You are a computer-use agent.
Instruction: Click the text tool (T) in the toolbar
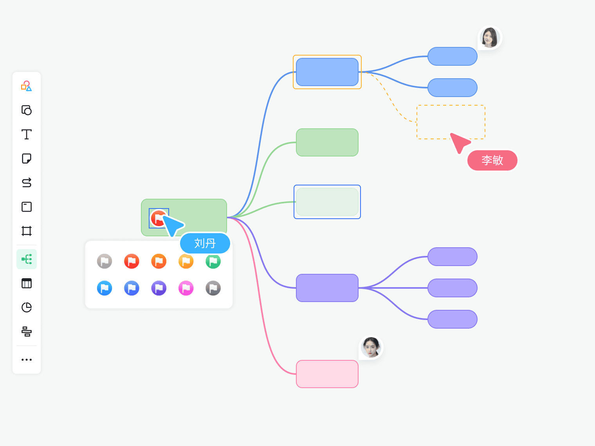point(27,135)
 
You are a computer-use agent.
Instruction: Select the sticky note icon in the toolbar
point(27,158)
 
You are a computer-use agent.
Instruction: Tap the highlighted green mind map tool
point(27,259)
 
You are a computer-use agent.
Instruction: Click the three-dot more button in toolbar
point(27,360)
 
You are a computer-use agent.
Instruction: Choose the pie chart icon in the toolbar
point(27,308)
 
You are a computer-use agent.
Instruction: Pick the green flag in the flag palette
point(213,261)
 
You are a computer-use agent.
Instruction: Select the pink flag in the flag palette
point(186,288)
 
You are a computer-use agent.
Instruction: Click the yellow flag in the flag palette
point(186,261)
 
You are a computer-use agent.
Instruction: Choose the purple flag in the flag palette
point(159,288)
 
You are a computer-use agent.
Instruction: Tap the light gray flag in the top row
point(105,261)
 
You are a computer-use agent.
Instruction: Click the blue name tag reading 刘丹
point(205,243)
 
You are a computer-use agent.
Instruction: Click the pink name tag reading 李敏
point(492,160)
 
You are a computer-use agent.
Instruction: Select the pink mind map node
point(327,374)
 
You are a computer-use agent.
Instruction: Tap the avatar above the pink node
point(371,347)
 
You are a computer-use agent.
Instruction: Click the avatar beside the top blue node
point(490,38)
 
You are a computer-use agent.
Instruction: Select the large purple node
point(327,288)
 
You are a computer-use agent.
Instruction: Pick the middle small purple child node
point(453,288)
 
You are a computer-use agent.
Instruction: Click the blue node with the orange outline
point(327,72)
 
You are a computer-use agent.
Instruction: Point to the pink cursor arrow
point(459,142)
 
